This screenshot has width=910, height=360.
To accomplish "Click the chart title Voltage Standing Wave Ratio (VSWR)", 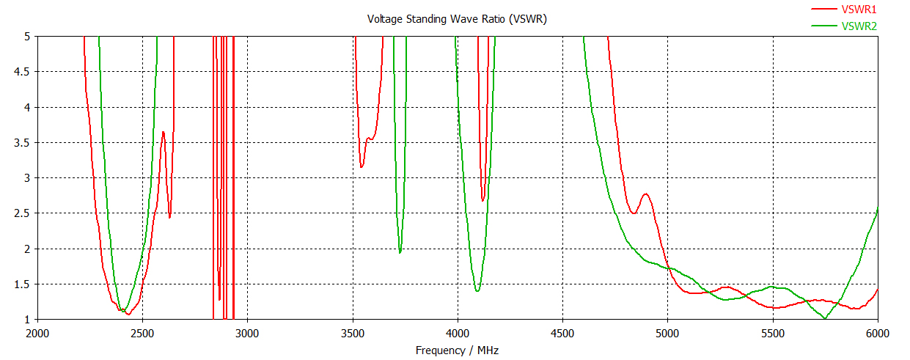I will point(457,18).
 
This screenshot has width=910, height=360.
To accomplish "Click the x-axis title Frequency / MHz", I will point(457,350).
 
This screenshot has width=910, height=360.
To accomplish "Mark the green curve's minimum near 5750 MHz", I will point(825,318).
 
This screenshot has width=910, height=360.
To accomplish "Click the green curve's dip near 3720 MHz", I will point(400,253).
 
